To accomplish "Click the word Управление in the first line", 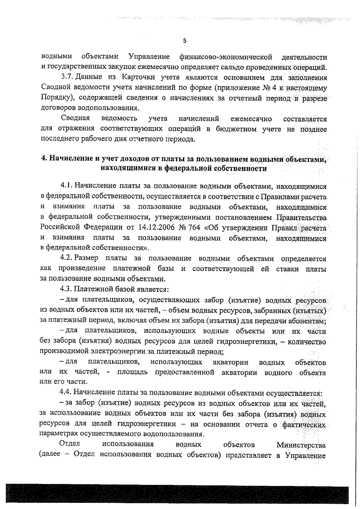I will click(x=149, y=56).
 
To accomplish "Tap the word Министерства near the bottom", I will click(x=301, y=444).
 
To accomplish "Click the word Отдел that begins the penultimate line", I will click(x=69, y=444).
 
